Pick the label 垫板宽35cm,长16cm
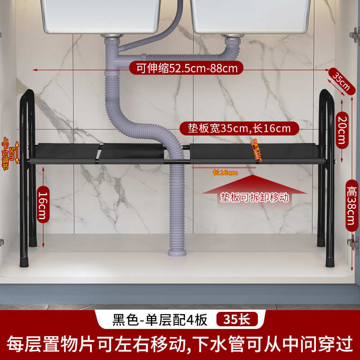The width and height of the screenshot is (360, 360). tap(239, 128)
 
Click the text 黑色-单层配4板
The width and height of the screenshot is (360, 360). tap(160, 319)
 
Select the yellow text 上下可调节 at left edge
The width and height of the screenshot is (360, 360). tap(5, 148)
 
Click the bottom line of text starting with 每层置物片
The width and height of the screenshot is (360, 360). tap(180, 345)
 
